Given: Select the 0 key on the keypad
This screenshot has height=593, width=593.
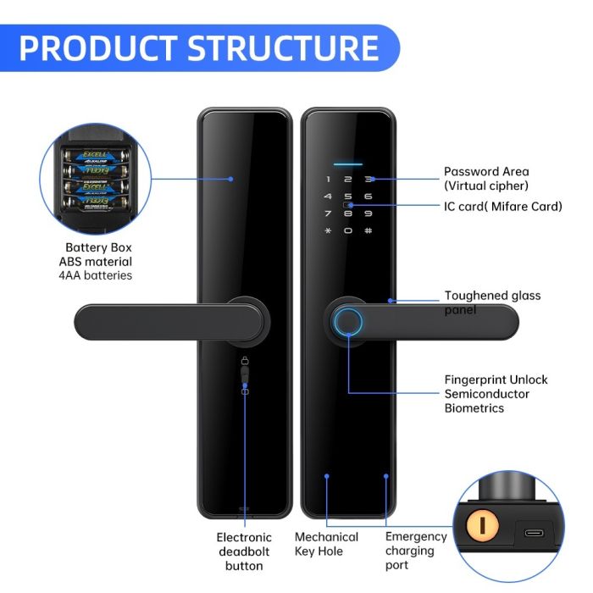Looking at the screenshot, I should [347, 230].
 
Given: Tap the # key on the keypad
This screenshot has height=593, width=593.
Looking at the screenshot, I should [368, 230].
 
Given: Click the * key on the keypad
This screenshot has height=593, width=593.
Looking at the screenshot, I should [327, 230].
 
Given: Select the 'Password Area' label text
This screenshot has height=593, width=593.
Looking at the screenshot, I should [485, 172].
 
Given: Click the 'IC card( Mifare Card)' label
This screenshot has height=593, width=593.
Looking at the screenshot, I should [502, 207].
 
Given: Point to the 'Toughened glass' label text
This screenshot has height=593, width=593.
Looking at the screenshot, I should [492, 296].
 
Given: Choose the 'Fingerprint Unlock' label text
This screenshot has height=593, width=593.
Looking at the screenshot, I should [496, 380].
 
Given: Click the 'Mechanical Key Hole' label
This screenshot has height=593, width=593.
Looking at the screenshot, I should [326, 544].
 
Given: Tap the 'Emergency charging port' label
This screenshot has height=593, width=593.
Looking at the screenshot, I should [415, 551].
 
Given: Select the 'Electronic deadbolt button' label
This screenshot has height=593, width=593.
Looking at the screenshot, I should [244, 551].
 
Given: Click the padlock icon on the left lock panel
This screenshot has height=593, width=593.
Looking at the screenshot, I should [244, 362].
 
